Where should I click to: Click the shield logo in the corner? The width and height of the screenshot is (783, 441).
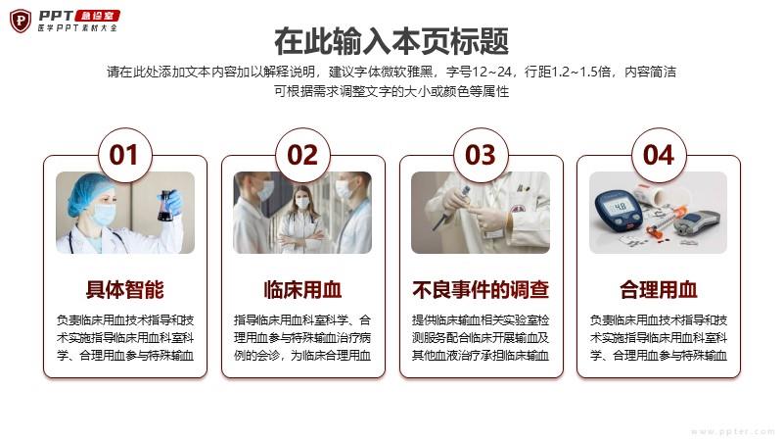tap(21, 21)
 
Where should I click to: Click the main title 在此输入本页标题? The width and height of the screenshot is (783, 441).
tap(391, 41)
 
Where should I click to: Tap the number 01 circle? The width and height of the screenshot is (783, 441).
tap(123, 155)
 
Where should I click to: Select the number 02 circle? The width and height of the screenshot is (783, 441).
tap(302, 155)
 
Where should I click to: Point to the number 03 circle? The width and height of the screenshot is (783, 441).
tap(481, 155)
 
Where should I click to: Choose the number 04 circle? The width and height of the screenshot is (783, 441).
tap(659, 155)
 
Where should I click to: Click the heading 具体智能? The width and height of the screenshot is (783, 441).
tap(125, 289)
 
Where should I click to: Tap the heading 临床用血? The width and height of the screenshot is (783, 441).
tap(302, 289)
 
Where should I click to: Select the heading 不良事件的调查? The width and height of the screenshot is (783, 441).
tap(481, 289)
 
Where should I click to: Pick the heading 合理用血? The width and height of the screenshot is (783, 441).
tap(658, 289)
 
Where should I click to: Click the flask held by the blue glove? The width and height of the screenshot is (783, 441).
tap(165, 207)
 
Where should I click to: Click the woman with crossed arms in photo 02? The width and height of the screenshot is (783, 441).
tap(301, 220)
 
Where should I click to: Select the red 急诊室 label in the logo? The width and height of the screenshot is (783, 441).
tap(97, 16)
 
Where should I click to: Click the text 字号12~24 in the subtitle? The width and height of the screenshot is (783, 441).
tap(479, 72)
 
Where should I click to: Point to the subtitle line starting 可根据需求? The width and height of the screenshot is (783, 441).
tap(391, 91)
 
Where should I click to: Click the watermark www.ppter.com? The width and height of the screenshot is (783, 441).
tap(732, 431)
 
